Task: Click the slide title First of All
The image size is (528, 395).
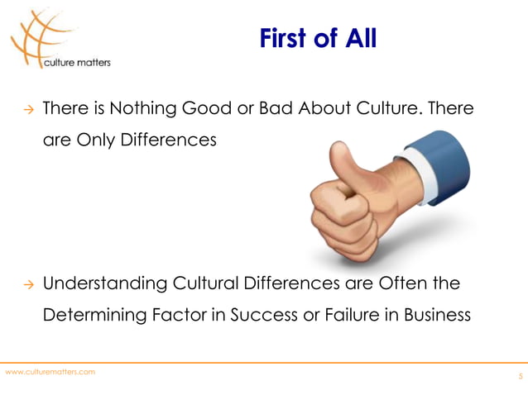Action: pos(318,38)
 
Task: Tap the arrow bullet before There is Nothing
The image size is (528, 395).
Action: pos(26,109)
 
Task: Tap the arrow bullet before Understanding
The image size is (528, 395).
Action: pos(26,286)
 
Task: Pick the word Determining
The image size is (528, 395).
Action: pos(91,316)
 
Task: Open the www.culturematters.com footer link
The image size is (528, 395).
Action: pos(50,372)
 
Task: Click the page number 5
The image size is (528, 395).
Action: pos(520,377)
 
